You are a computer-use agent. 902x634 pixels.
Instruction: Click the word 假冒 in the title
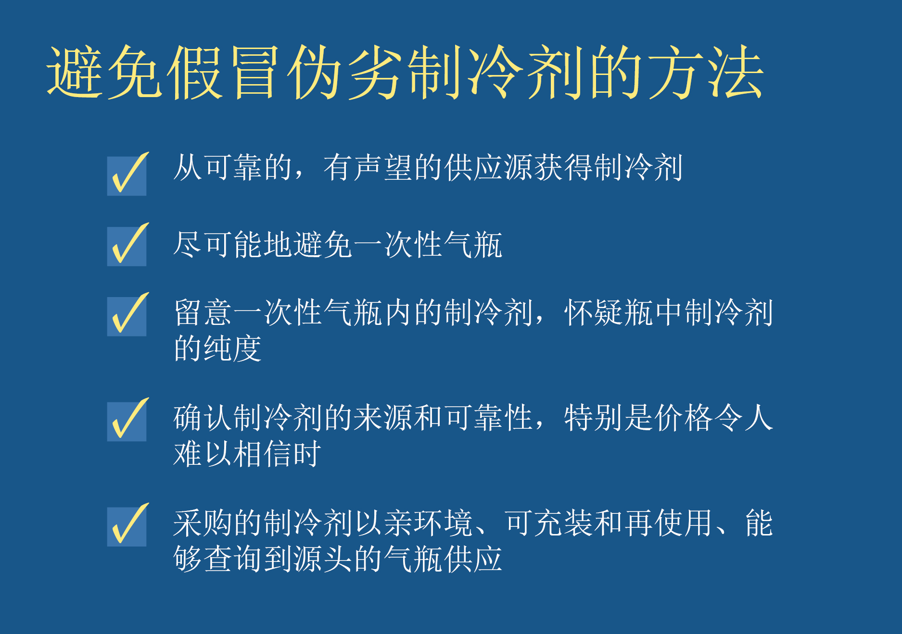pos(223,73)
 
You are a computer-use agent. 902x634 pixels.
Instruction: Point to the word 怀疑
pos(594,313)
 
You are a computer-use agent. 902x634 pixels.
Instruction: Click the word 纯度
pos(233,348)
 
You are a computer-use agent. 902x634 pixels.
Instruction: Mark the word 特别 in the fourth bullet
pos(594,418)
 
